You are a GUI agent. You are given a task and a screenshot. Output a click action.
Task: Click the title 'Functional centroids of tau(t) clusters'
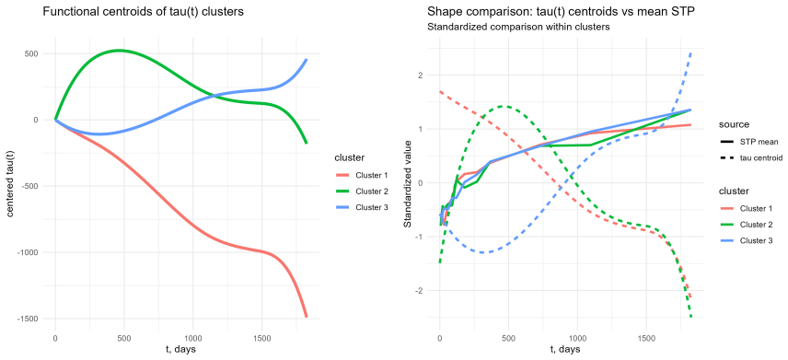(x=144, y=12)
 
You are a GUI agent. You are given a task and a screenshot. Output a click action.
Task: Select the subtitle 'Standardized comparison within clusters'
(x=518, y=27)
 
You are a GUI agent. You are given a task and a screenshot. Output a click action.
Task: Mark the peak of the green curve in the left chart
(x=119, y=51)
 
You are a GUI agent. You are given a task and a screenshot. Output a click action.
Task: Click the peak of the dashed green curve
(x=504, y=106)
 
